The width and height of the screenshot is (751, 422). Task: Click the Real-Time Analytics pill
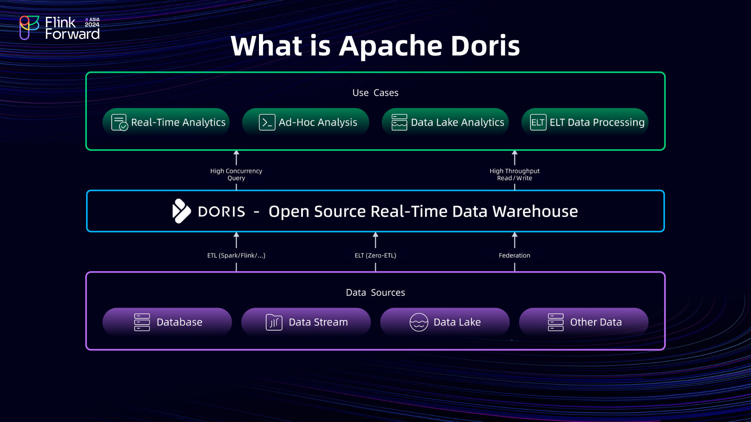pos(166,122)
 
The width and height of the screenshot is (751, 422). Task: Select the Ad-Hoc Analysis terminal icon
pos(267,122)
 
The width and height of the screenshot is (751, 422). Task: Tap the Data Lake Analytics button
pos(445,122)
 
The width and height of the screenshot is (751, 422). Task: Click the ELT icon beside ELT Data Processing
pos(538,122)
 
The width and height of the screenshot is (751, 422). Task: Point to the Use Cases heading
pos(375,93)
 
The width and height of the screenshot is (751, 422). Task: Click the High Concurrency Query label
pos(236,174)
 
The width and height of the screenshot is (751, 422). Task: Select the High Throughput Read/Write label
pos(514,174)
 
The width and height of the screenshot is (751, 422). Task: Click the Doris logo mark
pos(181,211)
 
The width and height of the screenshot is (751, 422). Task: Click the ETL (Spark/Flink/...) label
pos(236,255)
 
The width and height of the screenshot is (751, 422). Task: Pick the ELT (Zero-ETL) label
pos(375,255)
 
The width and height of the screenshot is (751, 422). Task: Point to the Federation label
pos(514,255)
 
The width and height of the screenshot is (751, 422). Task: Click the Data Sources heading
pos(375,292)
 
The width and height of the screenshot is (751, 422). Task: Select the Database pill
pos(167,322)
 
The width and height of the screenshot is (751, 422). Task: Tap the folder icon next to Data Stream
pos(274,322)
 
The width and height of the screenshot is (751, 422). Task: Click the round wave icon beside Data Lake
pos(419,322)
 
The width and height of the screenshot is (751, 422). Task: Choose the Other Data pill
pos(584,322)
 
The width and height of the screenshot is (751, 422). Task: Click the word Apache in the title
pos(390,46)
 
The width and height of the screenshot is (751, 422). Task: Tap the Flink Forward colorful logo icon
pos(29,27)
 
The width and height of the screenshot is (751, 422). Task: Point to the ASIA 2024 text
pos(92,22)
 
